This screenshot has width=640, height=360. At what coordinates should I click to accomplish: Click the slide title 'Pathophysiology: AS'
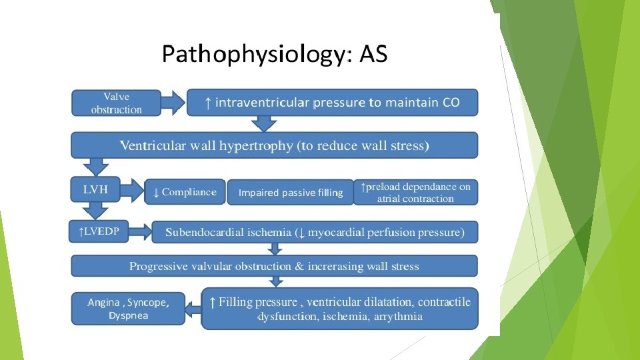coord(274,54)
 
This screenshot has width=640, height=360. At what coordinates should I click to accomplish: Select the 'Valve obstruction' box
coord(117,103)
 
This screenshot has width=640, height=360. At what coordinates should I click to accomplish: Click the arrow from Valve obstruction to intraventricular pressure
coord(173,103)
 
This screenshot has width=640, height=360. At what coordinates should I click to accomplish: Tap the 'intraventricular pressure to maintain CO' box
coord(332,103)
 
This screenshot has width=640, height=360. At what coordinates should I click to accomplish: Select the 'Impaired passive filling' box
coord(291,193)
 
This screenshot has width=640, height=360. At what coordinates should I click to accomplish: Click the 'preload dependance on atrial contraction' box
coord(415,192)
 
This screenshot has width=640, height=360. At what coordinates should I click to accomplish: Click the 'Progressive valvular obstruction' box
coord(274,266)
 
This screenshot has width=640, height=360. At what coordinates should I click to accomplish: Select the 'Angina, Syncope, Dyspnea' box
coord(128,309)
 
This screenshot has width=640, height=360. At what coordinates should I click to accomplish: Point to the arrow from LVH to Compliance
coord(134,191)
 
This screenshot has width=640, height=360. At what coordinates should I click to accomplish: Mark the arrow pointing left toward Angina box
coord(193,309)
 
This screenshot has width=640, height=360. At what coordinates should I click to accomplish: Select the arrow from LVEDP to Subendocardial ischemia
coord(141,231)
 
